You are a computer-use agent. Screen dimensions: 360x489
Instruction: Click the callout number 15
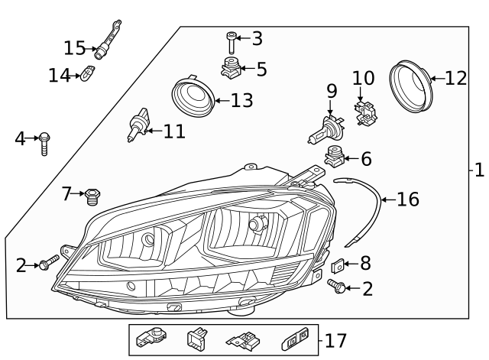[x=74, y=48]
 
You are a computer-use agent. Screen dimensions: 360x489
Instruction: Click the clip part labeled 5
[x=231, y=69]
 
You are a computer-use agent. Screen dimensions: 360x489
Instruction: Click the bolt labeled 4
[x=44, y=142]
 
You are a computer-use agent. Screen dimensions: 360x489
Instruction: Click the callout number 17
[x=335, y=341]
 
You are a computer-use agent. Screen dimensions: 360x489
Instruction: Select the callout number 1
[x=479, y=170]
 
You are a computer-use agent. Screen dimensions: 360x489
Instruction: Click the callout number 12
[x=455, y=78]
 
